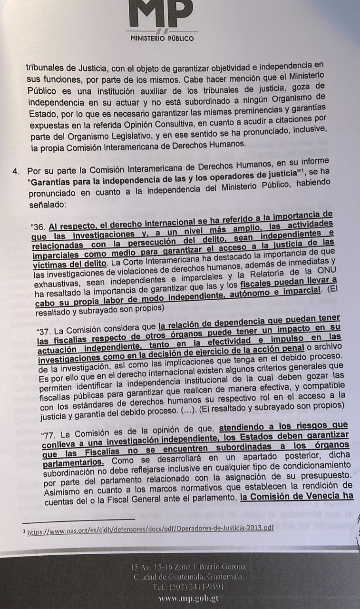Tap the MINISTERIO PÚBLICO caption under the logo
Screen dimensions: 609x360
[x=162, y=39]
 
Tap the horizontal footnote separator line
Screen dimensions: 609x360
[x=78, y=519]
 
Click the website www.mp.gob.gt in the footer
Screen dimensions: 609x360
[x=188, y=598]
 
